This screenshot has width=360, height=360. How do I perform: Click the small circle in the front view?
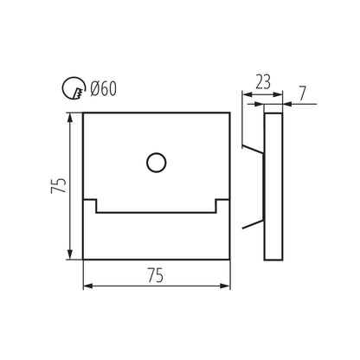pyautogui.click(x=156, y=162)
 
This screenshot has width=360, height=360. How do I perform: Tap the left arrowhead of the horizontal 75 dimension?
pyautogui.click(x=87, y=288)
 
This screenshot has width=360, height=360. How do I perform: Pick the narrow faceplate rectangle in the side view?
pyautogui.click(x=273, y=185)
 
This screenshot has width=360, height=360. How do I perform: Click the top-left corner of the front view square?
pyautogui.click(x=83, y=112)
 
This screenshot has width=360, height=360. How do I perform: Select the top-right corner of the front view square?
pyautogui.click(x=229, y=112)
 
